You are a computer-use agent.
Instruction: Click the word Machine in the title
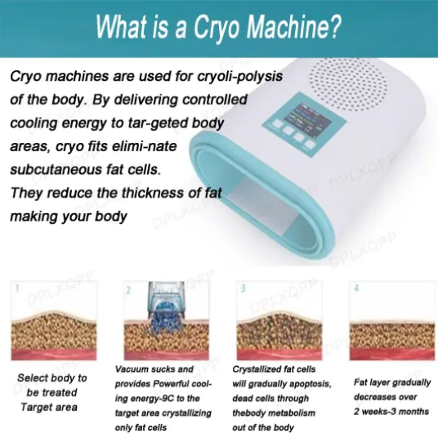(294, 26)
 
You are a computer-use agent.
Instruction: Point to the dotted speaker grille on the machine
(348, 84)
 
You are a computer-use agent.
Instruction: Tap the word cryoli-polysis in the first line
(239, 77)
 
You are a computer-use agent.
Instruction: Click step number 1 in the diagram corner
(18, 288)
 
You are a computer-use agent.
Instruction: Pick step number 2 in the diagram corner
(128, 290)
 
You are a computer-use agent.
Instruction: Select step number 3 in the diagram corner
(244, 288)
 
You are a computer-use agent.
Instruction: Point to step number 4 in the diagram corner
(356, 288)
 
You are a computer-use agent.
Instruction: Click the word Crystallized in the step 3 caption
(258, 369)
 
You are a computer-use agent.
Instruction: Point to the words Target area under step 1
(49, 407)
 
